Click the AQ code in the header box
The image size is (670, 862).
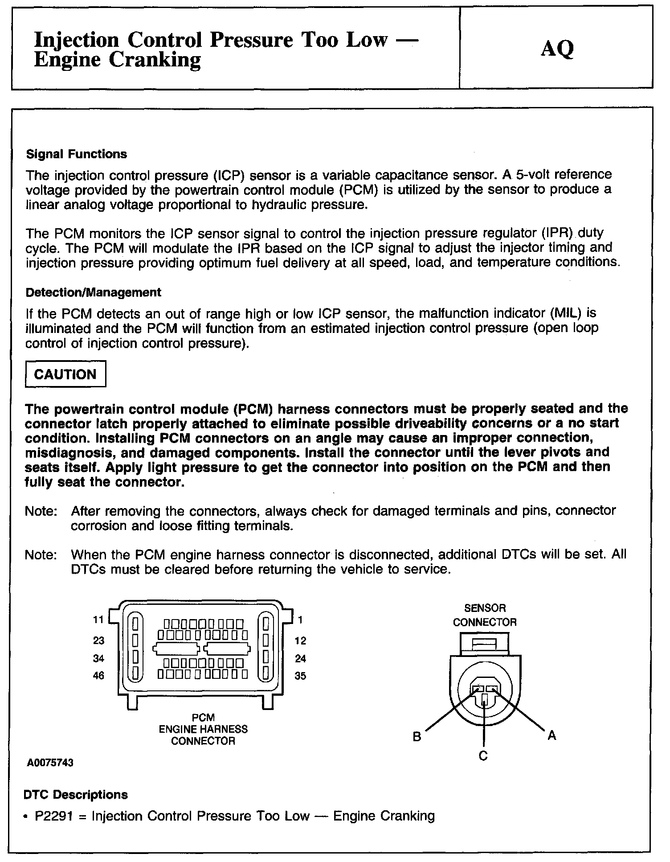557,49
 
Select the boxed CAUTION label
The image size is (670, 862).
65,374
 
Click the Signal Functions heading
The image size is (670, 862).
76,154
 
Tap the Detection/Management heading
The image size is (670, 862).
94,292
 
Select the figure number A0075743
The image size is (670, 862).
49,763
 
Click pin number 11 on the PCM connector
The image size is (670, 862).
98,620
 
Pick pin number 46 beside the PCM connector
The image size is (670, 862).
98,676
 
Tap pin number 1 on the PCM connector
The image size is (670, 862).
300,620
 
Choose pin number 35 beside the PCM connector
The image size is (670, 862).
301,676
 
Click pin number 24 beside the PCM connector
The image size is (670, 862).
301,658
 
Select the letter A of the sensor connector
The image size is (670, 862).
552,735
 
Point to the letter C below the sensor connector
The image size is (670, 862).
483,756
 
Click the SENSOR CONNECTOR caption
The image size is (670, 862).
485,615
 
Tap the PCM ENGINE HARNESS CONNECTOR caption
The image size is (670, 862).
203,729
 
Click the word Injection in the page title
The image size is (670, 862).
76,40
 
